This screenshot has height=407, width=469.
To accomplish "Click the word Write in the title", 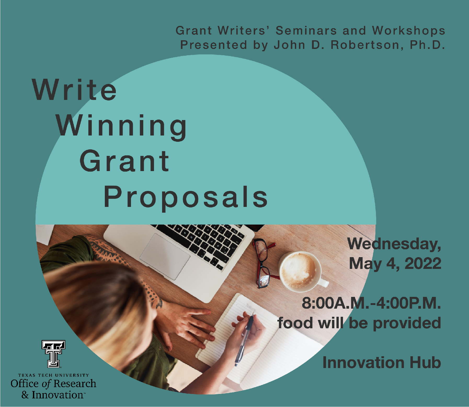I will click(74, 90).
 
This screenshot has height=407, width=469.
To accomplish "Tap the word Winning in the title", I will click(121, 126).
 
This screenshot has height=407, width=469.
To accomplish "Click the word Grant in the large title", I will click(124, 161).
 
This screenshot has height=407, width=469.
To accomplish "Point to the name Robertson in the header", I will click(365, 45).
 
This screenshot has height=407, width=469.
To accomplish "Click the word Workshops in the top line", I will click(409, 31).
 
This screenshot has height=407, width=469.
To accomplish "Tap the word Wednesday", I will click(394, 244).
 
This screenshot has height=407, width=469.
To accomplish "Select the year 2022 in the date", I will click(423, 263).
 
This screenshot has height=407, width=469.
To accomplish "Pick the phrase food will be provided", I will click(359, 323).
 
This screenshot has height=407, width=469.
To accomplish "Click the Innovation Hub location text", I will click(382, 363).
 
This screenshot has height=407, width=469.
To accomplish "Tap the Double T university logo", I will click(54, 354).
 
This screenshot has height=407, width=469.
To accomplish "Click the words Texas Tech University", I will click(54, 375).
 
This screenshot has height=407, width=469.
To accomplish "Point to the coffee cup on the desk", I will click(300, 271).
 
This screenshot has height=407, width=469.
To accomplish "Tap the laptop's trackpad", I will click(165, 256).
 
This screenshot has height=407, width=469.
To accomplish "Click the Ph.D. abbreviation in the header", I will click(427, 45).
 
